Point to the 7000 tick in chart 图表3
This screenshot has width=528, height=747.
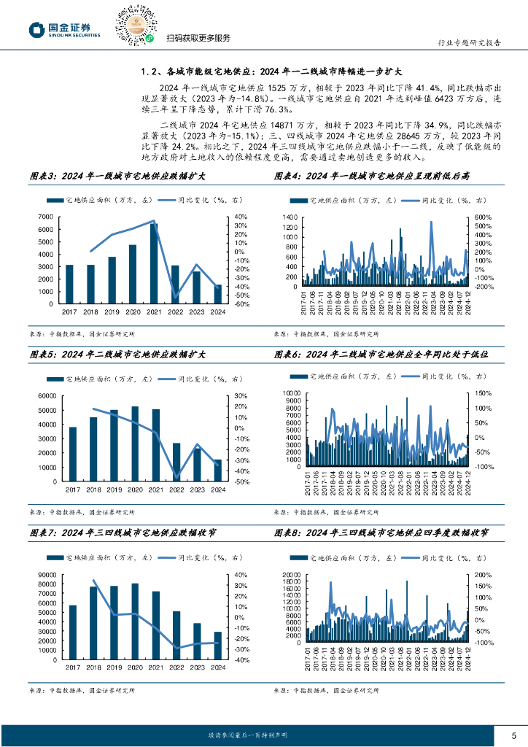click(46, 217)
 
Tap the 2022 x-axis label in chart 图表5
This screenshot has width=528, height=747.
click(176, 489)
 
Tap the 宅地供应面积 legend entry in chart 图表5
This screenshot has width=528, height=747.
click(88, 379)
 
